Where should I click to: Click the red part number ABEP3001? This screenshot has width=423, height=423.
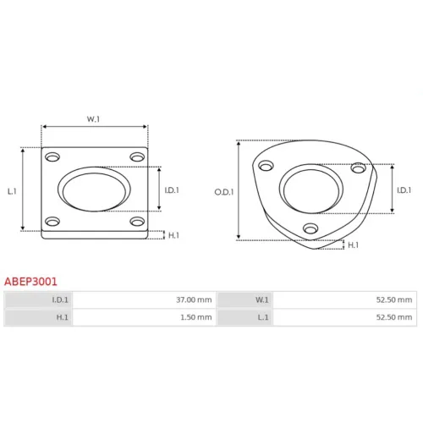[x=30, y=282]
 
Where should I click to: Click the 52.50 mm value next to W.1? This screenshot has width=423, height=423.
[x=394, y=299]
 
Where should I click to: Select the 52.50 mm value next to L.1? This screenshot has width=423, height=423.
[x=394, y=317]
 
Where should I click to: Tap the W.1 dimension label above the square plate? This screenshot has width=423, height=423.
[x=93, y=119]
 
